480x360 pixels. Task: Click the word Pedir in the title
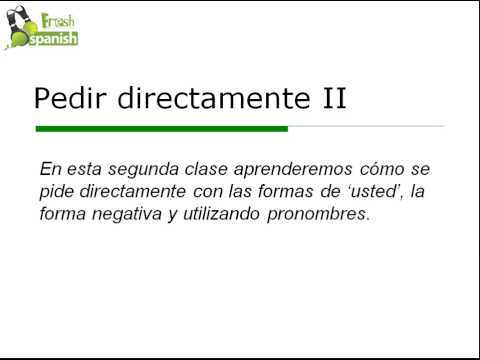[x=68, y=98]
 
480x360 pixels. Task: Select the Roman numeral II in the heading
[x=328, y=98]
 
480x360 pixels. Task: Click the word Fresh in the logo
[x=57, y=20]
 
